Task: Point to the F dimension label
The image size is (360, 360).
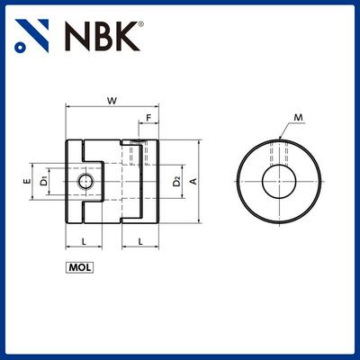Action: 147,117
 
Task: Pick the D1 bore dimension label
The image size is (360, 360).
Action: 42,182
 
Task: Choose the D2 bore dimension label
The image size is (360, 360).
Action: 177,182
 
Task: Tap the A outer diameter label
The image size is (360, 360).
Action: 193,182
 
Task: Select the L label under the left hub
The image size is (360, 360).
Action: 84,241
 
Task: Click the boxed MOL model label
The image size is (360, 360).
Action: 80,266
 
